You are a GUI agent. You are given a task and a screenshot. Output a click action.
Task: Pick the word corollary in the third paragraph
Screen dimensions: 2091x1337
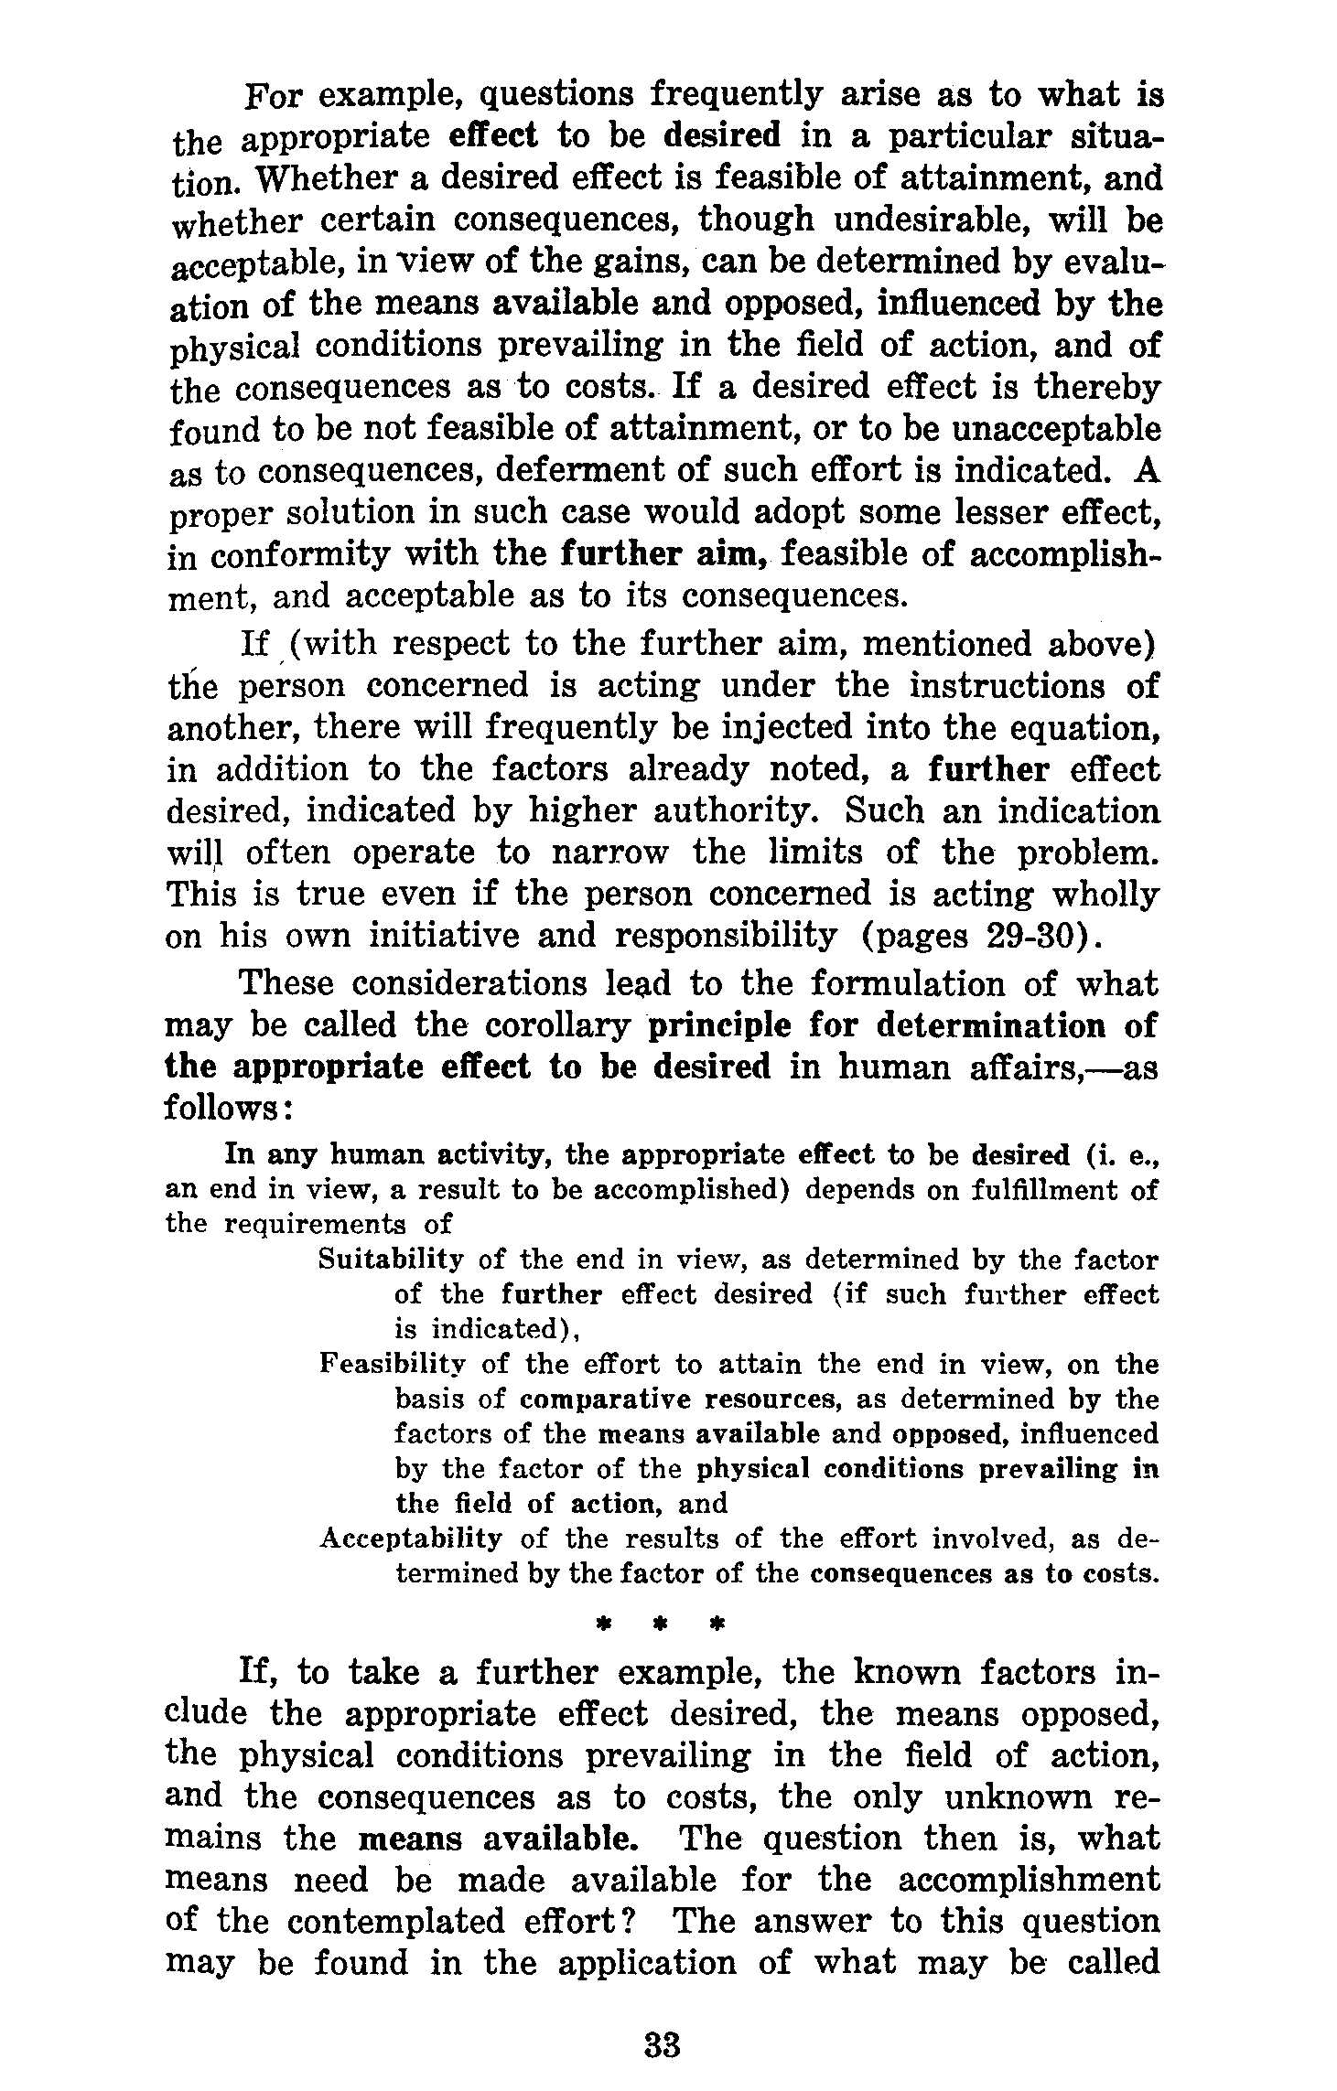click(x=558, y=1026)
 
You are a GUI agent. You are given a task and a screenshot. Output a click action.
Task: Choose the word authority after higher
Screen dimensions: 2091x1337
click(x=731, y=811)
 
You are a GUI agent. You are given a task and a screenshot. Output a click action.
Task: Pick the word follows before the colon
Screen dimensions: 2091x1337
click(x=221, y=1110)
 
